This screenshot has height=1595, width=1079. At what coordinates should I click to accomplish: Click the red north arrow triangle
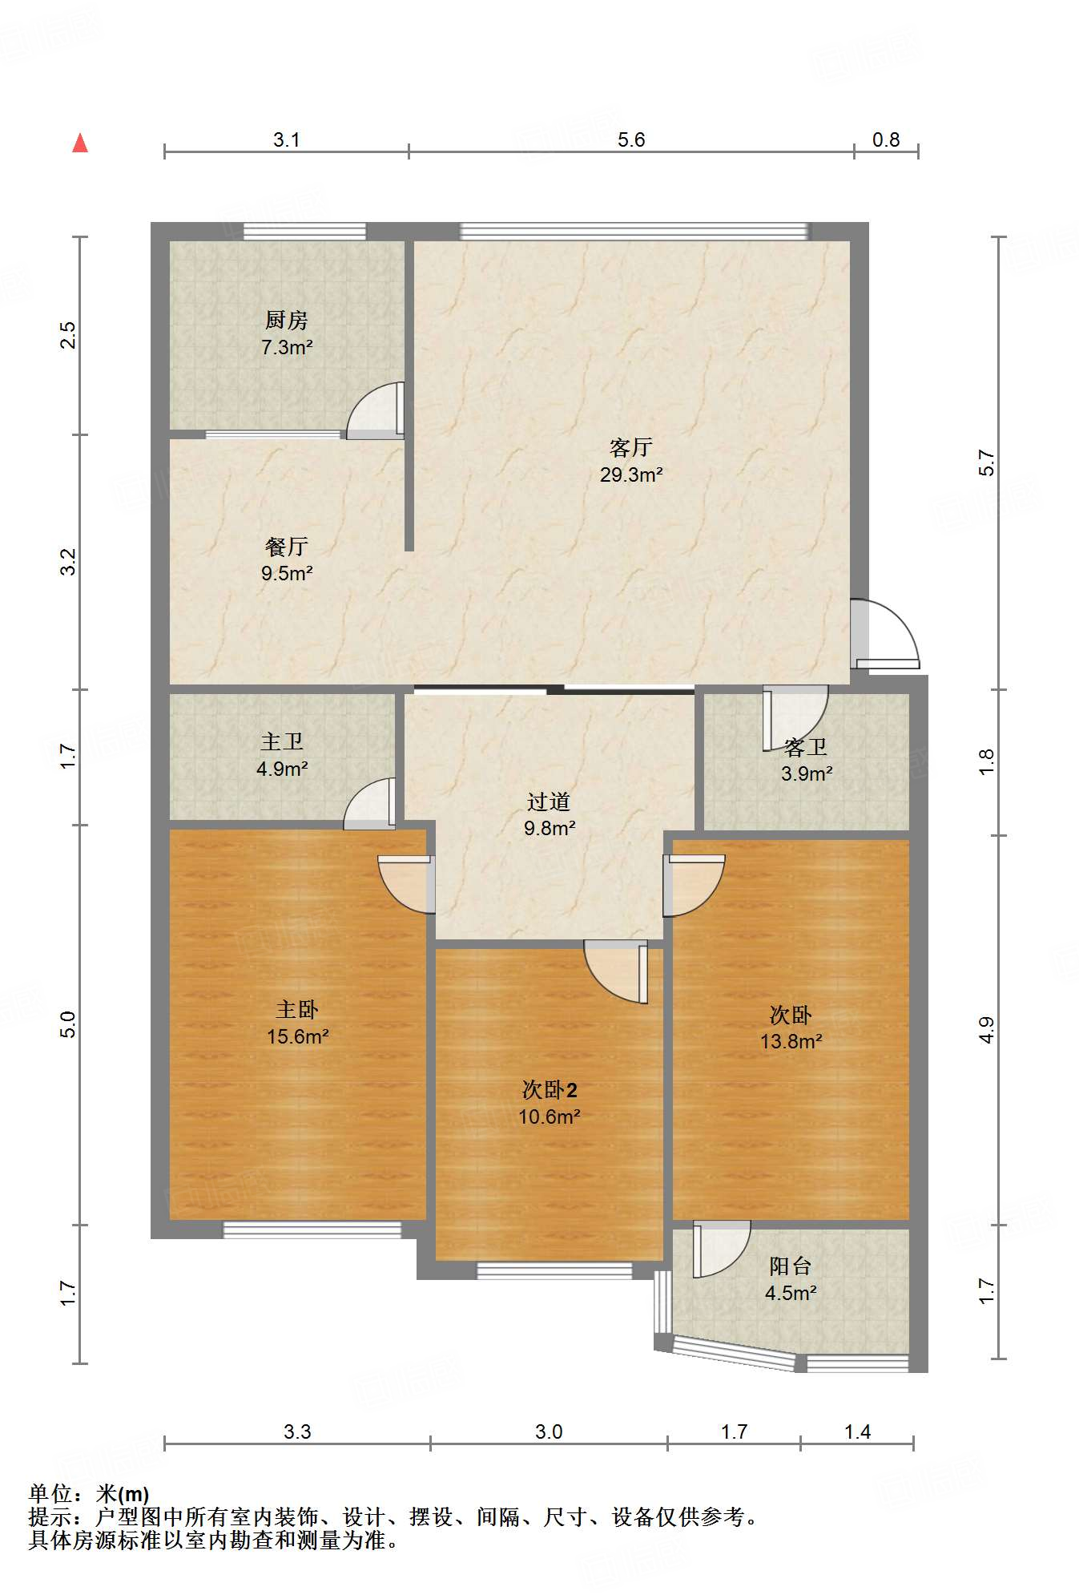pos(80,143)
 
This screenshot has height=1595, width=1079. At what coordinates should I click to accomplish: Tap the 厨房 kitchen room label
pos(286,321)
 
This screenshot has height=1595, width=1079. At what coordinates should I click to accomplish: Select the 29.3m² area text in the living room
pos(631,474)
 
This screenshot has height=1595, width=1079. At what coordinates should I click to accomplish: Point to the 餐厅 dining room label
pos(286,547)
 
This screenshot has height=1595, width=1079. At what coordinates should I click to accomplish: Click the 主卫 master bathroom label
pos(282,741)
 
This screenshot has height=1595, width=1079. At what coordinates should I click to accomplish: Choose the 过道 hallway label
pos(549,802)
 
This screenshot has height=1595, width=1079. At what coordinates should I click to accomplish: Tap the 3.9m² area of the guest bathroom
pos(807,773)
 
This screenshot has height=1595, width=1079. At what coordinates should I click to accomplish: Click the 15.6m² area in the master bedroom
pos(298,1036)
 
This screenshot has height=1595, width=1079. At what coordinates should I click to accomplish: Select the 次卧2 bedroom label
pos(550,1090)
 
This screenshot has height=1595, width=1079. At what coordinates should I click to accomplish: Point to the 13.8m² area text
pos(791,1041)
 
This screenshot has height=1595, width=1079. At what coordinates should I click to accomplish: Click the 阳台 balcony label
pos(791,1266)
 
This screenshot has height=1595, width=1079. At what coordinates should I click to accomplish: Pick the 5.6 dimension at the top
pos(631,139)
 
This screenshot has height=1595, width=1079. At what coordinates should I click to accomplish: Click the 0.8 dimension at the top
pos(886,139)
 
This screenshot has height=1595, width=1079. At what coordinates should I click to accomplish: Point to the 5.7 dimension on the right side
pos(986,463)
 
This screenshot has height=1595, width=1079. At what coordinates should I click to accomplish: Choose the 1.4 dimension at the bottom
pos(857,1431)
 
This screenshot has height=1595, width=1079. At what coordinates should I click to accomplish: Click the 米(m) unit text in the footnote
pos(123,1494)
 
